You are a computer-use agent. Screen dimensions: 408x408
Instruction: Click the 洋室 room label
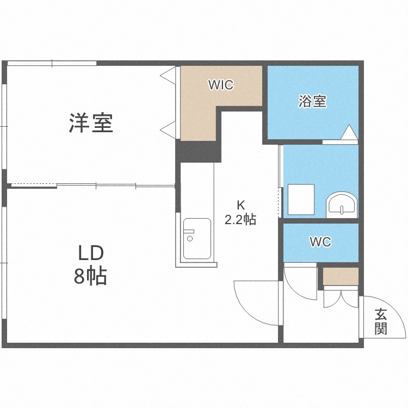pyautogui.click(x=91, y=123)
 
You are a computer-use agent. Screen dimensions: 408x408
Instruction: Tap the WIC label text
pyautogui.click(x=220, y=85)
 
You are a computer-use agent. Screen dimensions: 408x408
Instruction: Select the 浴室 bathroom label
pyautogui.click(x=312, y=101)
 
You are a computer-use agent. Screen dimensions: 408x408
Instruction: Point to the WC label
pyautogui.click(x=320, y=243)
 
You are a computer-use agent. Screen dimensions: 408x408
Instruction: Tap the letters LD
pyautogui.click(x=90, y=254)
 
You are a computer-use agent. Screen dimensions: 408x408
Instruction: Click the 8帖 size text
pyautogui.click(x=90, y=277)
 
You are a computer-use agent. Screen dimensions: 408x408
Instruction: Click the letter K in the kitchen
pyautogui.click(x=240, y=205)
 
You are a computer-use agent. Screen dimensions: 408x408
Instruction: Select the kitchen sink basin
pyautogui.click(x=196, y=238)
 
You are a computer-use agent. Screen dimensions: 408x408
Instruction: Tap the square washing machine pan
pyautogui.click(x=301, y=199)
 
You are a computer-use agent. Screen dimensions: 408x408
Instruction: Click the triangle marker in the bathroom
pyautogui.click(x=348, y=132)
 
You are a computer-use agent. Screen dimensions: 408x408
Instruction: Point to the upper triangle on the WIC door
pyautogui.click(x=168, y=75)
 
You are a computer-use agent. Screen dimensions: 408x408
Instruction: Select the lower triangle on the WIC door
pyautogui.click(x=168, y=129)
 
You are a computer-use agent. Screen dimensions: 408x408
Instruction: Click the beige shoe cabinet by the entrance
pyautogui.click(x=341, y=276)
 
